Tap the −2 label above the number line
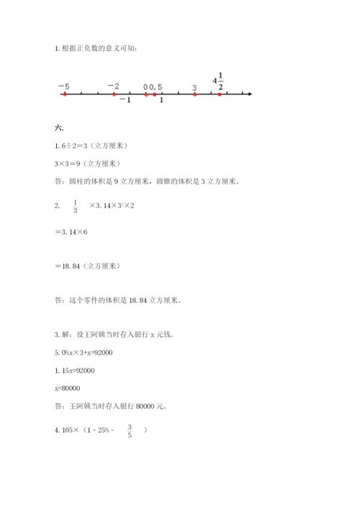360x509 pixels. [113, 86]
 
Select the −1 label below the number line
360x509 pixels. [125, 101]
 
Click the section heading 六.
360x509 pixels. [59, 128]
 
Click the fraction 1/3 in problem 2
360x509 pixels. [75, 207]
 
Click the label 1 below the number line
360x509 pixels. [161, 101]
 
